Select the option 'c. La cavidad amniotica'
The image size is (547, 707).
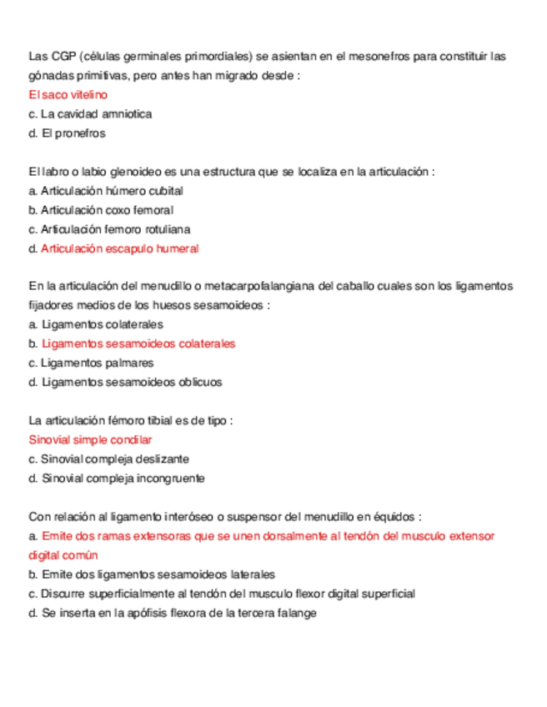pyautogui.click(x=90, y=113)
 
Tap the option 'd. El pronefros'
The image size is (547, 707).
pyautogui.click(x=67, y=133)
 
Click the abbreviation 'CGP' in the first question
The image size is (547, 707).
pyautogui.click(x=63, y=57)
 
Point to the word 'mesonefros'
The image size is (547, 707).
pyautogui.click(x=372, y=57)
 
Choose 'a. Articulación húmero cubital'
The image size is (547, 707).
pyautogui.click(x=105, y=191)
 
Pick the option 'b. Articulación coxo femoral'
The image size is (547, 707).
pyautogui.click(x=100, y=210)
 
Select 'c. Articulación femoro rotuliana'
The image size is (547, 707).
pyautogui.click(x=109, y=229)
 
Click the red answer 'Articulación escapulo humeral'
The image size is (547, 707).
pyautogui.click(x=119, y=248)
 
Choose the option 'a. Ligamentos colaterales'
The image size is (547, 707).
pyautogui.click(x=95, y=324)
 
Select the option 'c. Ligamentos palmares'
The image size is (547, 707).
pyautogui.click(x=90, y=363)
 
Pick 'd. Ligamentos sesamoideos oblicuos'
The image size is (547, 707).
pyautogui.click(x=125, y=382)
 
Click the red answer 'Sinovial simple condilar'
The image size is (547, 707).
pyautogui.click(x=90, y=439)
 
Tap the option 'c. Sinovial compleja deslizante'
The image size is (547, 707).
pyautogui.click(x=108, y=459)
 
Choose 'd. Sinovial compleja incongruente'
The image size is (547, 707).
pyautogui.click(x=116, y=478)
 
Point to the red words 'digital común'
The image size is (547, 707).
pyautogui.click(x=63, y=554)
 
